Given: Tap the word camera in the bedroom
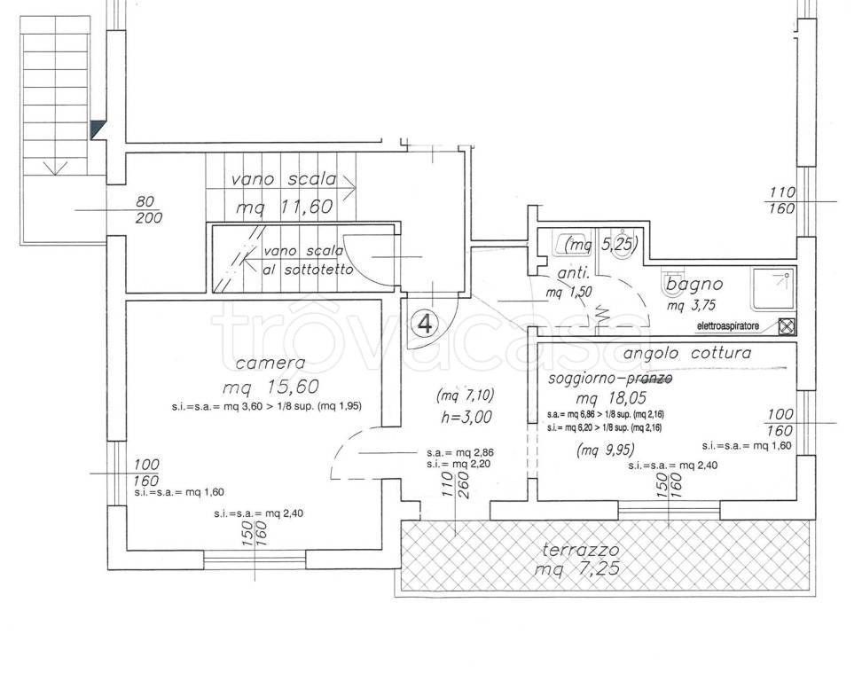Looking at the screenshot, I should pyautogui.click(x=270, y=363).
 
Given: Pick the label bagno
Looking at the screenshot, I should pyautogui.click(x=694, y=285).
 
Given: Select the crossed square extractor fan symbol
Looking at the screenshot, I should pyautogui.click(x=786, y=325).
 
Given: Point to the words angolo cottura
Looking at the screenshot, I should pyautogui.click(x=687, y=353).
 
